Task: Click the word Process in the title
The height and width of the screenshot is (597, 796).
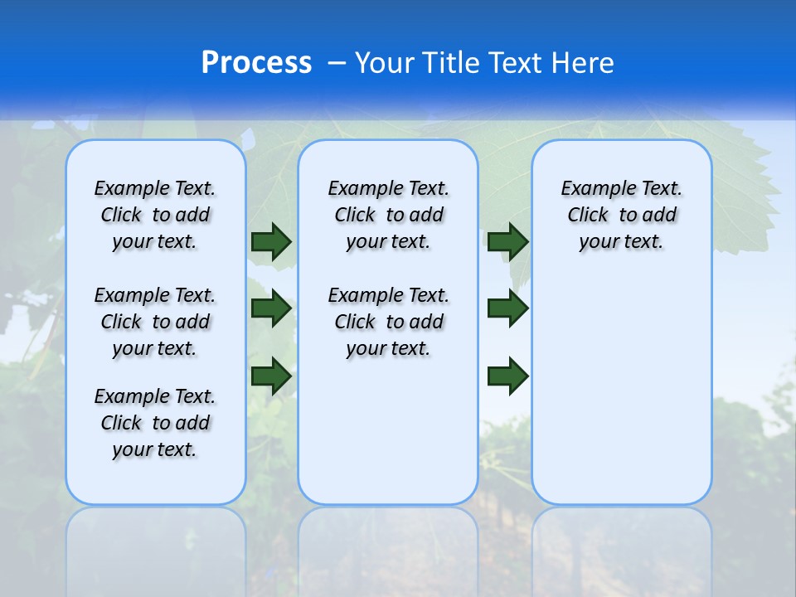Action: [x=256, y=62]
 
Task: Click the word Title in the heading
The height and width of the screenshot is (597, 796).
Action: [x=451, y=63]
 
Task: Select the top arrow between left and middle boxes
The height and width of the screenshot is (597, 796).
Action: [x=271, y=241]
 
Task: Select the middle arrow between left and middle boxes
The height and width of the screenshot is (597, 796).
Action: [x=271, y=308]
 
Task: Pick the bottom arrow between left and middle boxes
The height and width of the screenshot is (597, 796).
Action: [x=271, y=376]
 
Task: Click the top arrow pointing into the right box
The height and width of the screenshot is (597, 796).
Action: [x=508, y=241]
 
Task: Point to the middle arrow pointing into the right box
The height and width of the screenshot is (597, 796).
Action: [x=508, y=308]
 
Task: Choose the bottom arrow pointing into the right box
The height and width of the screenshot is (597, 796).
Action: [x=508, y=376]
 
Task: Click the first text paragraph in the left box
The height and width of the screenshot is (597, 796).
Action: [x=155, y=215]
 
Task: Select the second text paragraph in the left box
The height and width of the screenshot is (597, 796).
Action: [x=155, y=322]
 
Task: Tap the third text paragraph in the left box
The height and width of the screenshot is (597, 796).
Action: [x=155, y=423]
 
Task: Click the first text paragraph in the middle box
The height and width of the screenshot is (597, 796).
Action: [x=389, y=215]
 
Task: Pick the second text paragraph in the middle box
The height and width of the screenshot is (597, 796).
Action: [x=389, y=322]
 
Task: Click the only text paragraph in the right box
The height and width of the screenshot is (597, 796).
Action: [x=622, y=215]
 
